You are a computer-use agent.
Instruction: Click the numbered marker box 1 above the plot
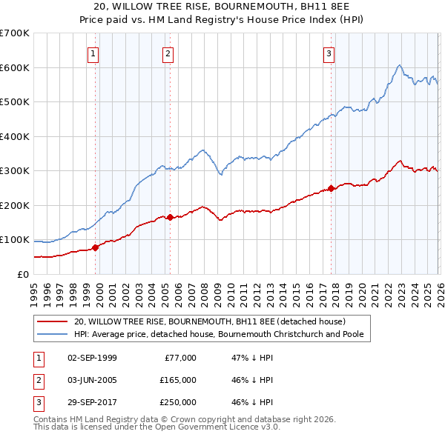pos(93,53)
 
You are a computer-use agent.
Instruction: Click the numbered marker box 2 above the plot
pos(168,53)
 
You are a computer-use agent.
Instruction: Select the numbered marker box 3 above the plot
pos(329,53)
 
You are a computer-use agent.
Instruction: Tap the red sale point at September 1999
pos(95,247)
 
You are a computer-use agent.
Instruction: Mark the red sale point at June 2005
pos(170,217)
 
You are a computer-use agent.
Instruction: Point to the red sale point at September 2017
pos(331,188)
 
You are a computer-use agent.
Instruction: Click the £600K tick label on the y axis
pos(14,67)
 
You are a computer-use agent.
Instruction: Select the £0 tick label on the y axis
pos(22,274)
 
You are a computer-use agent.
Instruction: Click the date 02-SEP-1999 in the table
pos(92,358)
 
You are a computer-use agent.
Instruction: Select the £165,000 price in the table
pos(178,380)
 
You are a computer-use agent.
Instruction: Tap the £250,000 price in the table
pos(178,402)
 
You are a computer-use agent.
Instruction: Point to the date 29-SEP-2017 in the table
pos(92,402)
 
